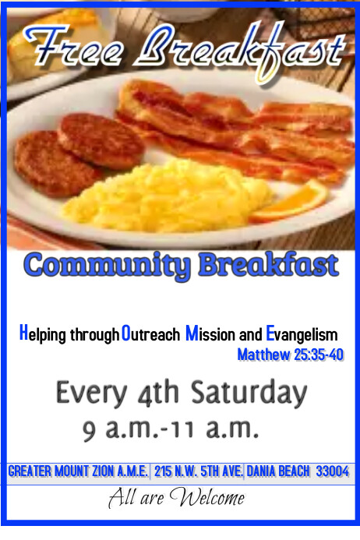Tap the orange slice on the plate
click(x=294, y=200)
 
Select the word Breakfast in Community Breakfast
click(x=268, y=265)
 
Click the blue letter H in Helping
click(x=23, y=334)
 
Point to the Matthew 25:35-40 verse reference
click(x=290, y=356)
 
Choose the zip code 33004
click(x=332, y=471)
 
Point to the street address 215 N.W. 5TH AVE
click(x=199, y=471)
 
